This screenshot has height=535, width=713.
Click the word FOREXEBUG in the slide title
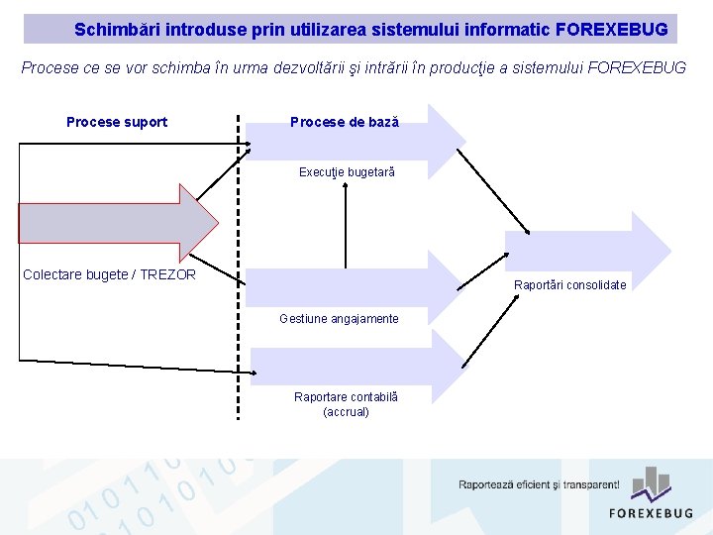(611, 30)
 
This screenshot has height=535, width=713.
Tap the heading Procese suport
(117, 122)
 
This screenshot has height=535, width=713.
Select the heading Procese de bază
(344, 122)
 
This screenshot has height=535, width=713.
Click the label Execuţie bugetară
(347, 172)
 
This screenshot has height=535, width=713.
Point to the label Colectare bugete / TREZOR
(109, 274)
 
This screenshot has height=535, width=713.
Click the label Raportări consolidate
(569, 285)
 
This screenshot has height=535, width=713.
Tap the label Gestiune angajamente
(339, 319)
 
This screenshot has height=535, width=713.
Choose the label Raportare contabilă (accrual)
(346, 404)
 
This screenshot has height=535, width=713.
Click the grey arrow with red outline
(114, 223)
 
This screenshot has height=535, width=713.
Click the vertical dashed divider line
(239, 297)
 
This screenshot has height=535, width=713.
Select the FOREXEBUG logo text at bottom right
(651, 512)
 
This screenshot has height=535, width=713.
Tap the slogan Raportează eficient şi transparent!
(539, 485)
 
